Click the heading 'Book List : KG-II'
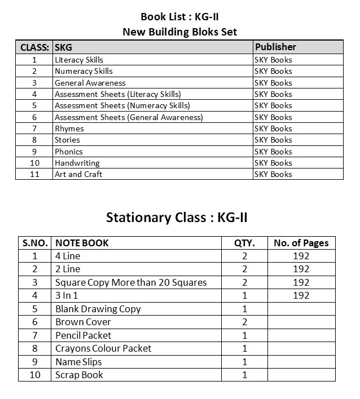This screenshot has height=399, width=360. (179, 17)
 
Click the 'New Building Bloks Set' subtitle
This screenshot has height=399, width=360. (179, 32)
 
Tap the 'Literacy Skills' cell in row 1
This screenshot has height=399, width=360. (79, 60)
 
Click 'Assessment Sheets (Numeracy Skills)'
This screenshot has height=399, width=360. (122, 105)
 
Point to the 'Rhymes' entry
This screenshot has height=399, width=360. (69, 128)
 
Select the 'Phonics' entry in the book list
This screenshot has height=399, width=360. (69, 152)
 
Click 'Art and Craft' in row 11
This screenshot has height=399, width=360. (78, 174)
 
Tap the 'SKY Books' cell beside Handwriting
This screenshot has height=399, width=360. (273, 163)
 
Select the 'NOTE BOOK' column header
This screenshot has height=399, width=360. (82, 243)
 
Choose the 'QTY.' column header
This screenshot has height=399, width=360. (244, 243)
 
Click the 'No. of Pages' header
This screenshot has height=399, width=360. (301, 243)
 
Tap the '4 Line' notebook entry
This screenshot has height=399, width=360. (68, 256)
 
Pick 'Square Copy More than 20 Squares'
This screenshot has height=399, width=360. (131, 282)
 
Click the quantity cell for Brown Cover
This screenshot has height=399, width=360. (244, 322)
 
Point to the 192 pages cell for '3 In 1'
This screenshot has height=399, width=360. (301, 295)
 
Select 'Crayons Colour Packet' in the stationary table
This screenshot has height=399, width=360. (103, 348)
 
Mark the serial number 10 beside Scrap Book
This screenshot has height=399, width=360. (34, 375)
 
